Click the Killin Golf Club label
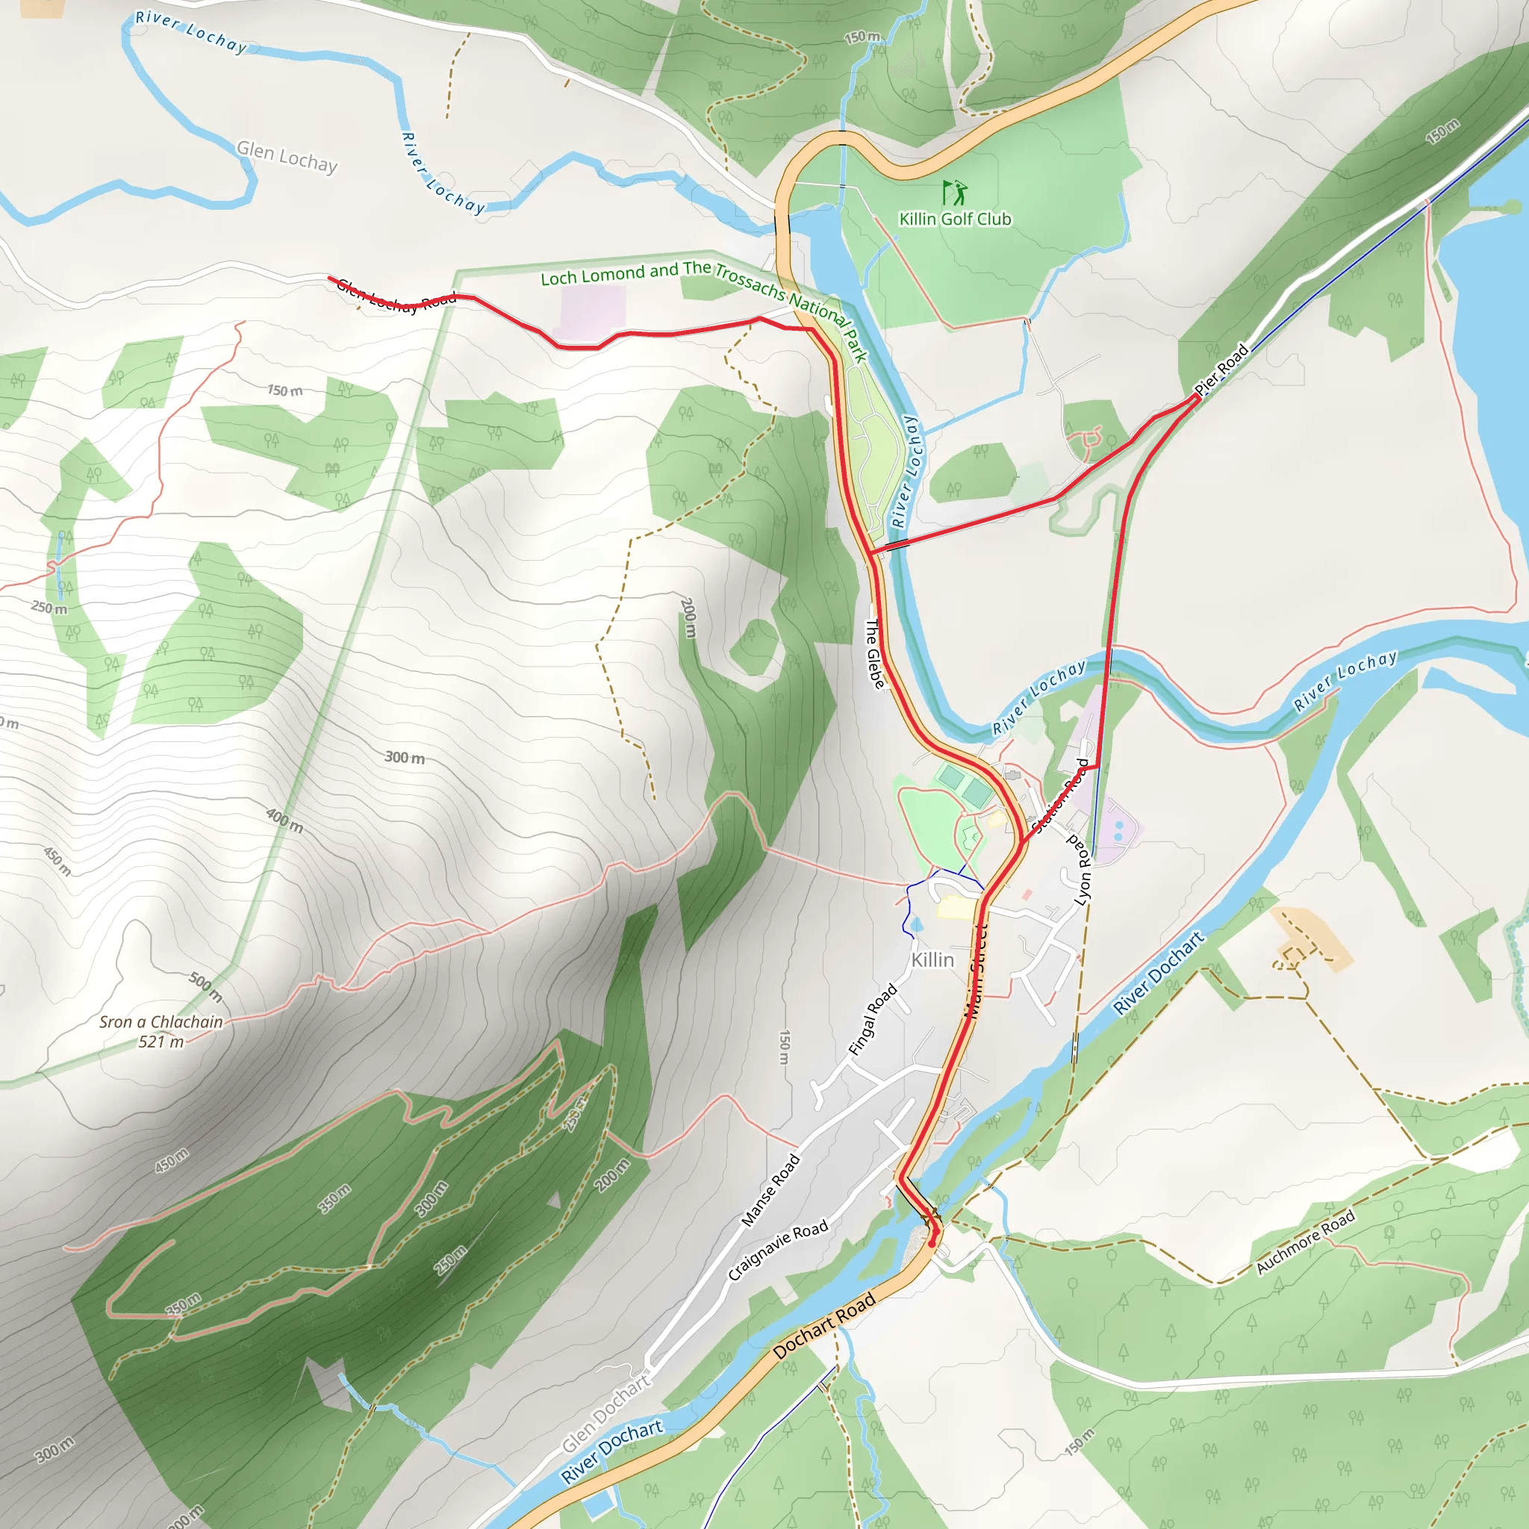click(x=954, y=219)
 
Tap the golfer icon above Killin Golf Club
click(x=954, y=192)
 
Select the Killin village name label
click(x=932, y=960)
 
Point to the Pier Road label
click(x=1221, y=369)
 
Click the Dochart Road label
click(x=825, y=1325)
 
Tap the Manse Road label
click(x=770, y=1191)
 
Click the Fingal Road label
click(x=873, y=1019)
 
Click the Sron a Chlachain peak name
click(x=161, y=1022)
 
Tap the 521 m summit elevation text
click(x=161, y=1042)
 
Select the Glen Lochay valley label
click(x=287, y=157)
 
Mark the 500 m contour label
click(x=206, y=986)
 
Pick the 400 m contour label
click(x=284, y=820)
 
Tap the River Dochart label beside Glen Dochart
click(x=611, y=1451)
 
